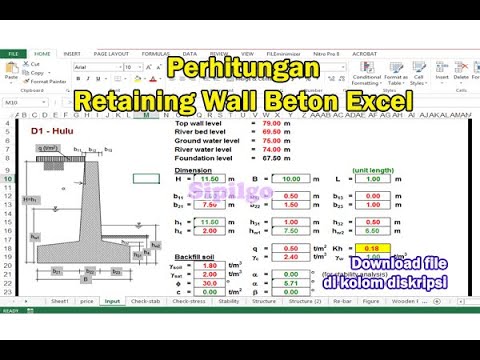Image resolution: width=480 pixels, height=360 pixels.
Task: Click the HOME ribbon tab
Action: point(42,53)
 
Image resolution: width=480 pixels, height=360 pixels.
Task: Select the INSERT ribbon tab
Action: point(72,53)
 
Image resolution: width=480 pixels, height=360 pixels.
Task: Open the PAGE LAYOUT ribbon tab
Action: point(111,53)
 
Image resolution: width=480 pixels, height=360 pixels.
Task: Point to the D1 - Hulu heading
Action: point(48,131)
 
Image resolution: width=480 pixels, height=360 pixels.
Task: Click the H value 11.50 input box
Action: point(210,178)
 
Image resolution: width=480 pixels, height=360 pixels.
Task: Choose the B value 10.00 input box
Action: point(291,178)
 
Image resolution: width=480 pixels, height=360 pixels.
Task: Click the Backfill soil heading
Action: point(196,256)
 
